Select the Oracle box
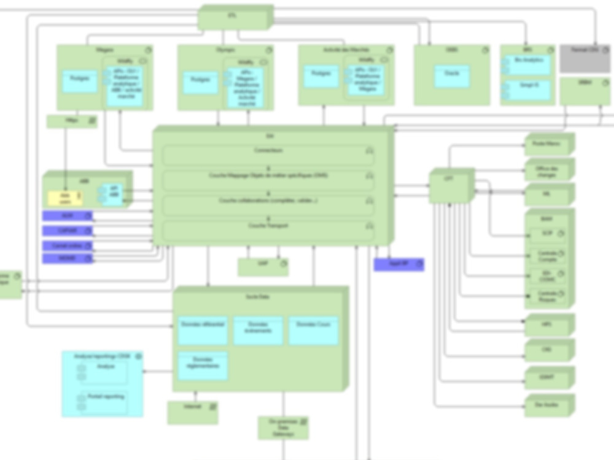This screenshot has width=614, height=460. [x=452, y=76]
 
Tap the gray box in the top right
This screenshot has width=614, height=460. [x=584, y=59]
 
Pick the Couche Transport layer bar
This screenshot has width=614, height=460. [x=268, y=230]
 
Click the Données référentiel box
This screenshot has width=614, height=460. [x=203, y=331]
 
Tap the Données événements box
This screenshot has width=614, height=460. [x=258, y=331]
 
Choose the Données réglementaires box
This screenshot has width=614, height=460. [x=203, y=366]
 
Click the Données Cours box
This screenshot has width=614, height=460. [x=313, y=331]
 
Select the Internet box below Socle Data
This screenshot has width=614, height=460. [x=192, y=413]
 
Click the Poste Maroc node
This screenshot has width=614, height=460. [x=548, y=145]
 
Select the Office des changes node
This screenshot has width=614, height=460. [x=548, y=170]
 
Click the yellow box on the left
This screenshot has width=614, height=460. [x=65, y=198]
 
